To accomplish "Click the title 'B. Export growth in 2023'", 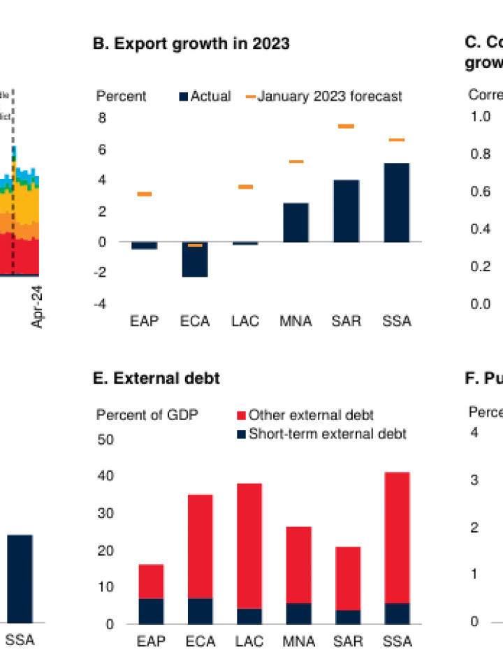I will pyautogui.click(x=191, y=43).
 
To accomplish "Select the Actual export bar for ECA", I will pyautogui.click(x=195, y=259).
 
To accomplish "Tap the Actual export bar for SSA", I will pyautogui.click(x=396, y=203).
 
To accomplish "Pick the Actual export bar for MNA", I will pyautogui.click(x=296, y=222).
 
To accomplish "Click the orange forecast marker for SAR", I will pyautogui.click(x=346, y=127).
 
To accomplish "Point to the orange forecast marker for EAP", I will pyautogui.click(x=145, y=194).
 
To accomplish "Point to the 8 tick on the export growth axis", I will pyautogui.click(x=102, y=118).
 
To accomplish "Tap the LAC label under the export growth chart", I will pyautogui.click(x=245, y=322).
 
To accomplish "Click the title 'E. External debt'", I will pyautogui.click(x=156, y=378).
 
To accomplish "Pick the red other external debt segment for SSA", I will pyautogui.click(x=396, y=537).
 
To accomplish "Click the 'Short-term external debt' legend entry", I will pyautogui.click(x=322, y=433).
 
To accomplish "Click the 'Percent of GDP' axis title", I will pyautogui.click(x=147, y=415).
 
